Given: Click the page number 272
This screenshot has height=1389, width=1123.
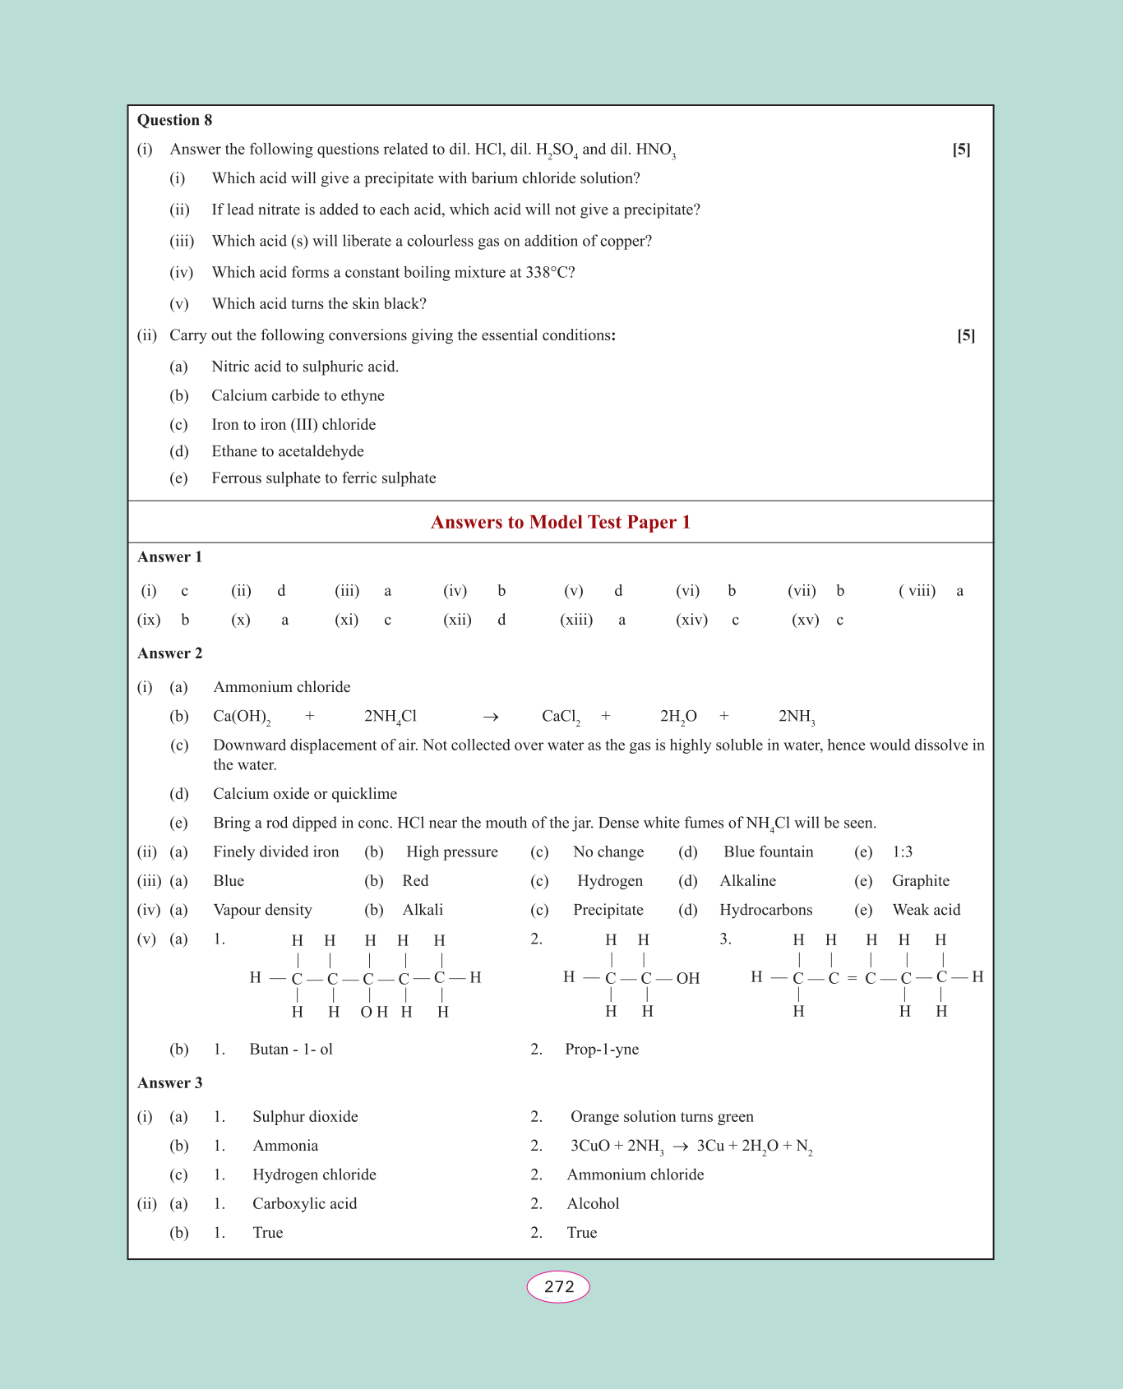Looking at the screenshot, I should click(558, 1286).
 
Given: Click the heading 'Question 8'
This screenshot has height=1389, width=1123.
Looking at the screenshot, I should click(174, 120).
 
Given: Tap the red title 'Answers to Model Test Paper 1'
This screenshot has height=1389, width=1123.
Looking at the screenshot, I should click(561, 523).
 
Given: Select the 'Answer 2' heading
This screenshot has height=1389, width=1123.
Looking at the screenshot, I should click(169, 653).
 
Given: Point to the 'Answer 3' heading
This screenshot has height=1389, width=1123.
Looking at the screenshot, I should click(169, 1083).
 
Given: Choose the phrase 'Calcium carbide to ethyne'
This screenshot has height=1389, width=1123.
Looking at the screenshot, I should click(298, 395).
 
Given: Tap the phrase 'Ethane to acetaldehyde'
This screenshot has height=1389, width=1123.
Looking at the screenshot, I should click(288, 451).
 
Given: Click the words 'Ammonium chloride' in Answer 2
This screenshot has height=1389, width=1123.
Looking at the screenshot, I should click(282, 687).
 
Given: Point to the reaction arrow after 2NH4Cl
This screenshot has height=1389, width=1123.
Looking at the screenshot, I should click(491, 718).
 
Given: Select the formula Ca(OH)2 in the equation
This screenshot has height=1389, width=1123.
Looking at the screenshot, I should click(241, 717).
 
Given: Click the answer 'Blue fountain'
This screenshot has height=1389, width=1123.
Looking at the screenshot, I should click(768, 852).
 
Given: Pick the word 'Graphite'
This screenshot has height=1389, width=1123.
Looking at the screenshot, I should click(921, 881).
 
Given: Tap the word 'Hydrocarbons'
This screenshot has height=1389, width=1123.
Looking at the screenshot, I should click(765, 910).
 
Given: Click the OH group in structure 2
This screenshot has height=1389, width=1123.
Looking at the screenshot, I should click(688, 978).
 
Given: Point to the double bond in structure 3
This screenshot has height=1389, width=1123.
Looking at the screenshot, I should click(852, 978).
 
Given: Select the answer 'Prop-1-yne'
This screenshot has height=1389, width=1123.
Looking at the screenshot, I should click(602, 1050).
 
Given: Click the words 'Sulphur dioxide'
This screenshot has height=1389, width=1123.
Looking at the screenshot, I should click(305, 1117).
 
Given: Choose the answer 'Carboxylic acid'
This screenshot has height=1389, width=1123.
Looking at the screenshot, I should click(304, 1204).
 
